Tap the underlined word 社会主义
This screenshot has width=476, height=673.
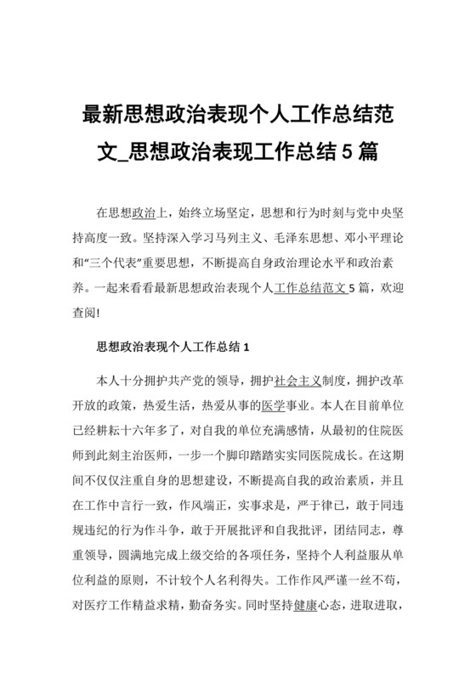pos(297,380)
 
